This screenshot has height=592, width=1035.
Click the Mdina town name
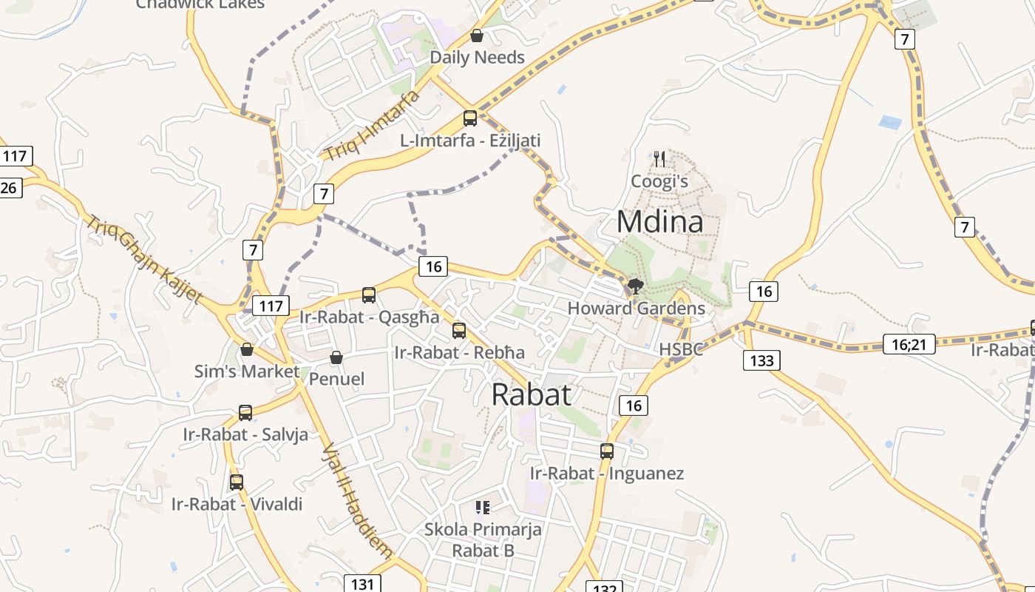coord(659,221)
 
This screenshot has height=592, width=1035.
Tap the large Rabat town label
coord(532,394)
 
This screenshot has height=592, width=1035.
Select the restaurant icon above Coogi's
coord(659,158)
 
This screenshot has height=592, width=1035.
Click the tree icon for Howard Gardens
coord(635,286)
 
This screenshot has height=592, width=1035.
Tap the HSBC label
coord(681,349)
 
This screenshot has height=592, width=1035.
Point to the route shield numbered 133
coord(761,360)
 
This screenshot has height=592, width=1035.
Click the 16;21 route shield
coord(909,343)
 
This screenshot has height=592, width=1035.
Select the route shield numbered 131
coord(362,584)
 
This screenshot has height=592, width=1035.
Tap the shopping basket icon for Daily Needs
coord(477,36)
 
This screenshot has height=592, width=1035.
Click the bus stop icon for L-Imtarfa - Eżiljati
coord(470,118)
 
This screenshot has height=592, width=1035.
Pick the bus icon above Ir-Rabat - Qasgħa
coord(369,295)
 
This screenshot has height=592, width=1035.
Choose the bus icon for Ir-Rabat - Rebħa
coord(459,330)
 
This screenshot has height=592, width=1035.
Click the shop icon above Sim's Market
coord(247,349)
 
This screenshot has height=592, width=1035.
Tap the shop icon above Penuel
coord(336,357)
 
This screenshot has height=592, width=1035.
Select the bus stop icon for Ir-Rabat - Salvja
coord(245,412)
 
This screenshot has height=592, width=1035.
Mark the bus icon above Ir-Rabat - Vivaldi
coord(237,482)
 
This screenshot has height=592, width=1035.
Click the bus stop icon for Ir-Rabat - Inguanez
coord(607,451)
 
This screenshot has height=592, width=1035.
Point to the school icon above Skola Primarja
coord(483,507)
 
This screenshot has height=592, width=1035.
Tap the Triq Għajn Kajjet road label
coord(143,259)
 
